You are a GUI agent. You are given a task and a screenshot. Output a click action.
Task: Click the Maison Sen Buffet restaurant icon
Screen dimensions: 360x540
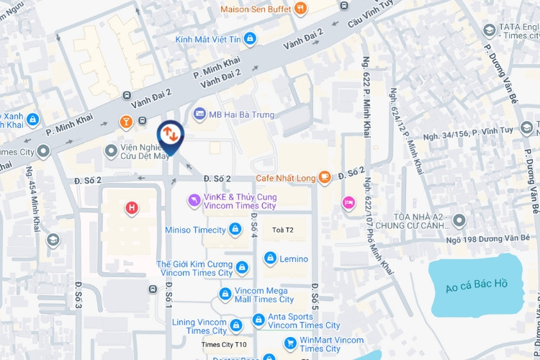pos(300,9)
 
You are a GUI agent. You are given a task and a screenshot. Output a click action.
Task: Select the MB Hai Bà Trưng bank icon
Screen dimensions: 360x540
pos(200,114)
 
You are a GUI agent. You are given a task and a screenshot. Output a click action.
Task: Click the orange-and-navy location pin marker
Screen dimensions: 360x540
pos(170,134)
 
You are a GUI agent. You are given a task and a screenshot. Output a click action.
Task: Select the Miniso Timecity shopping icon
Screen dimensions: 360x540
pos(235,230)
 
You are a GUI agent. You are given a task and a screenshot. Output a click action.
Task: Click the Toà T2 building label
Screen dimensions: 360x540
pos(284,230)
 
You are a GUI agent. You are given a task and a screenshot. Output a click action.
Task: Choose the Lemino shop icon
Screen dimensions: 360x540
pos(270,258)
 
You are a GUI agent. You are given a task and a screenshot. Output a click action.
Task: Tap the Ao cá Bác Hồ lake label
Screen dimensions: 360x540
pos(476,284)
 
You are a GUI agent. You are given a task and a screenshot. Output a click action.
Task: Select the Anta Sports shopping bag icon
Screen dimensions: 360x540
pos(258,320)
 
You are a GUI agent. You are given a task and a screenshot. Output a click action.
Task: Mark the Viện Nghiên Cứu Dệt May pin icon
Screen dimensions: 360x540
pos(111,151)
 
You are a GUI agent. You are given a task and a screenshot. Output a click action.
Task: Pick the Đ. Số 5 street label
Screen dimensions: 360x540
pos(314,296)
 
